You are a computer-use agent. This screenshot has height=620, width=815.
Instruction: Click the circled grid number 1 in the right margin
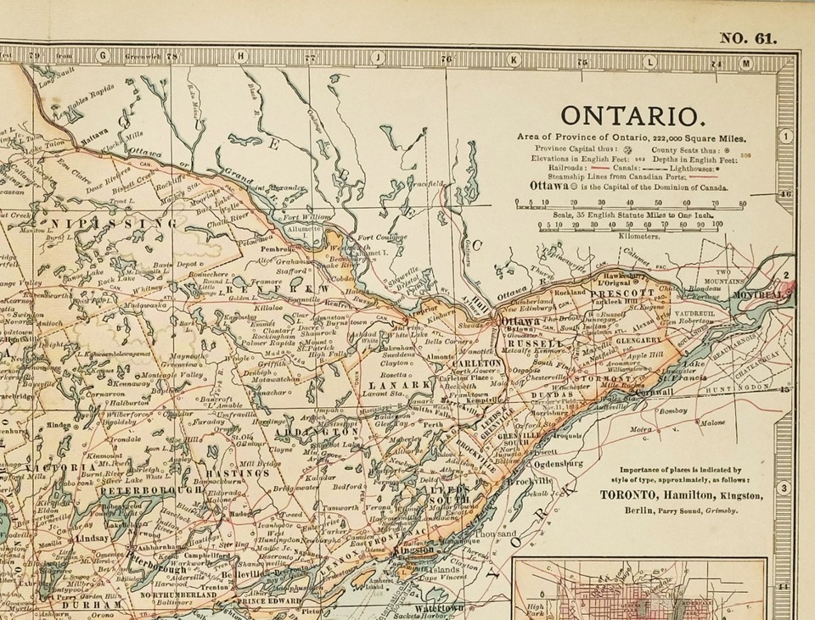tap(786, 136)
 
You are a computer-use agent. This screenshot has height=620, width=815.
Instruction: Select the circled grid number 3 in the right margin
tap(785, 488)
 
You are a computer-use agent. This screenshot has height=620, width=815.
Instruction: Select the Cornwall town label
tap(654, 392)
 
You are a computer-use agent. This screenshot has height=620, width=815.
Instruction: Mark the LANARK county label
tap(386, 385)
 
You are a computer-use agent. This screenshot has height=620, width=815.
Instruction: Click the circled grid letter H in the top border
tap(241, 56)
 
